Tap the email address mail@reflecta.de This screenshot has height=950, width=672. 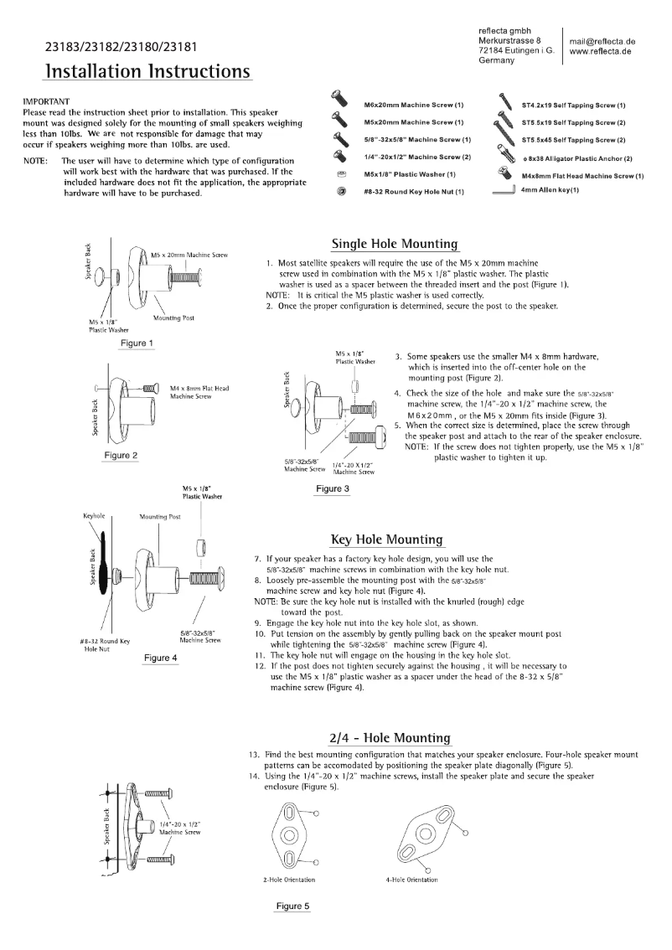click(602, 41)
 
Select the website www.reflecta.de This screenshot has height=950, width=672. click(600, 51)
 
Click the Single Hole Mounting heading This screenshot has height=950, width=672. click(395, 244)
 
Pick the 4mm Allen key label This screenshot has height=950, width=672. click(551, 190)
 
